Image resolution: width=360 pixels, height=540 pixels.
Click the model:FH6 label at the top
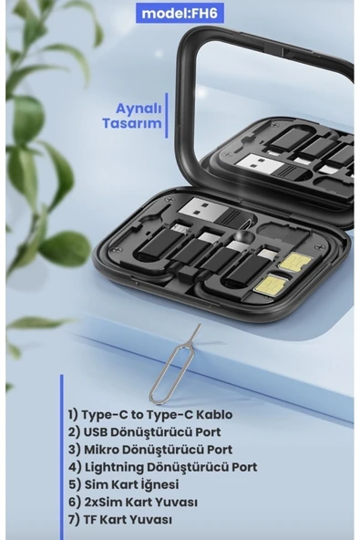180,14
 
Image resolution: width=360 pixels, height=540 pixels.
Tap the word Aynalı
139,109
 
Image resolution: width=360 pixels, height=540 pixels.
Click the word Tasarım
132,123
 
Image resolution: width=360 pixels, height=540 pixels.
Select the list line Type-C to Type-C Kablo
150,415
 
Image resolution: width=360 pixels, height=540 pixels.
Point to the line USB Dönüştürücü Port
144,431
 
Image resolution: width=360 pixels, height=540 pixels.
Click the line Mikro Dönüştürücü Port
150,450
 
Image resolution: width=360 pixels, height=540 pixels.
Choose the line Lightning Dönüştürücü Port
162,467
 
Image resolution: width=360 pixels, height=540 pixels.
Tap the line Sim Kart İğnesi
123,484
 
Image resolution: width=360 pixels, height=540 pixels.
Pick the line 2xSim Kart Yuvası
132,502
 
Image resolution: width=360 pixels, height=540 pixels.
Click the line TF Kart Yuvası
119,520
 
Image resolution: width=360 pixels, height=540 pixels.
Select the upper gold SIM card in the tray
295,262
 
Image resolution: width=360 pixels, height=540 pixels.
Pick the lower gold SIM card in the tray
270,284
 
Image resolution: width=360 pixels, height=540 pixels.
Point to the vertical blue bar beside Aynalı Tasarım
167,115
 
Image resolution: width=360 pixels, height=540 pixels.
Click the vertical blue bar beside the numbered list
62,457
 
